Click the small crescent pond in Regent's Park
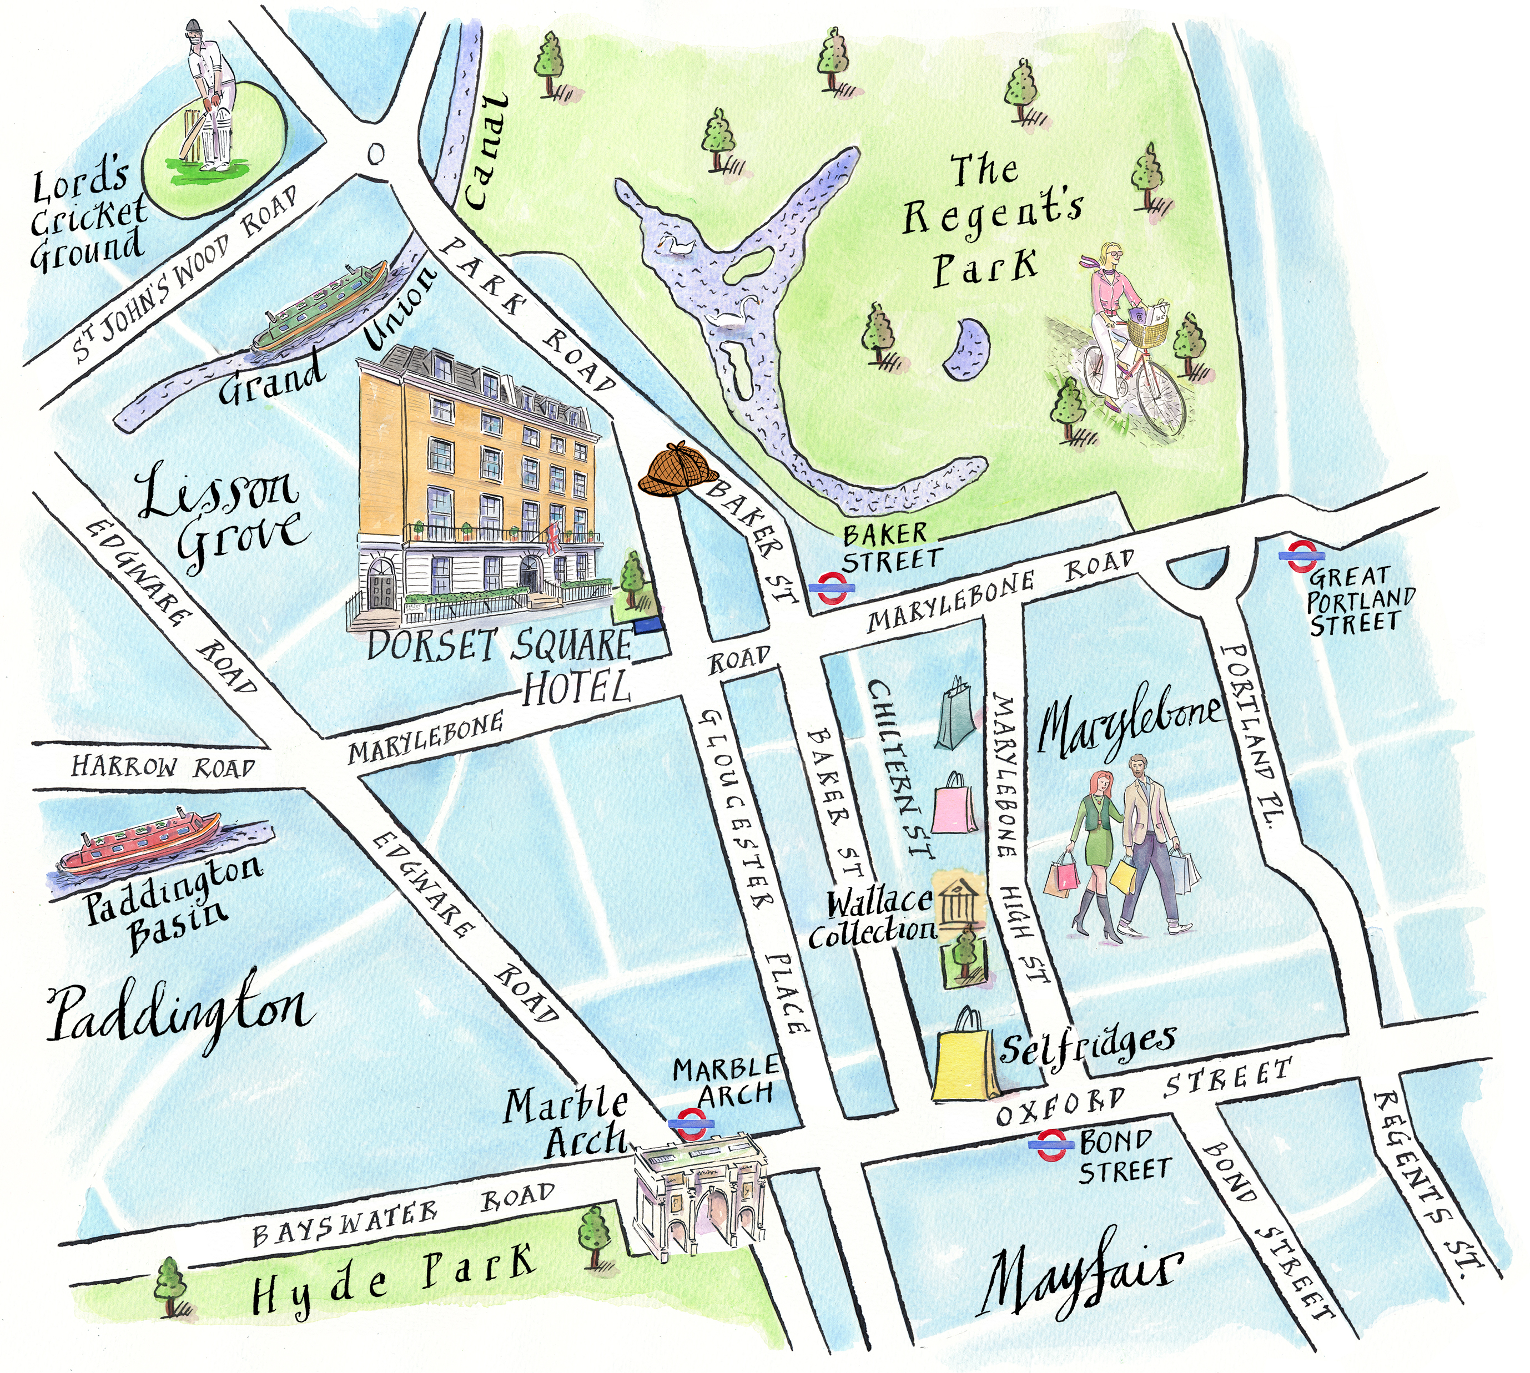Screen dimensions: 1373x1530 pyautogui.click(x=967, y=349)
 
